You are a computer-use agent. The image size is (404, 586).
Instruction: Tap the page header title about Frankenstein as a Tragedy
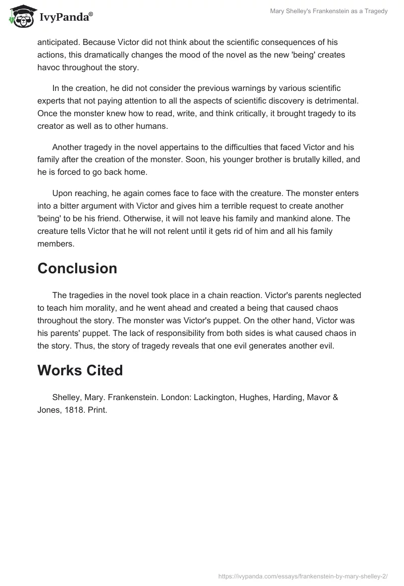[x=329, y=11]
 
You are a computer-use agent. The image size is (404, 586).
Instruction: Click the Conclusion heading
[x=77, y=268]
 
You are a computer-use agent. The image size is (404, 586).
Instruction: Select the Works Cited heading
[x=80, y=370]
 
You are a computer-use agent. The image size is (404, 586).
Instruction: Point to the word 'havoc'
[x=49, y=68]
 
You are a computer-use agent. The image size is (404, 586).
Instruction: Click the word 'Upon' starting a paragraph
[x=63, y=193]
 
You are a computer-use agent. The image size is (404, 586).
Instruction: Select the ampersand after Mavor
[x=335, y=398]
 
